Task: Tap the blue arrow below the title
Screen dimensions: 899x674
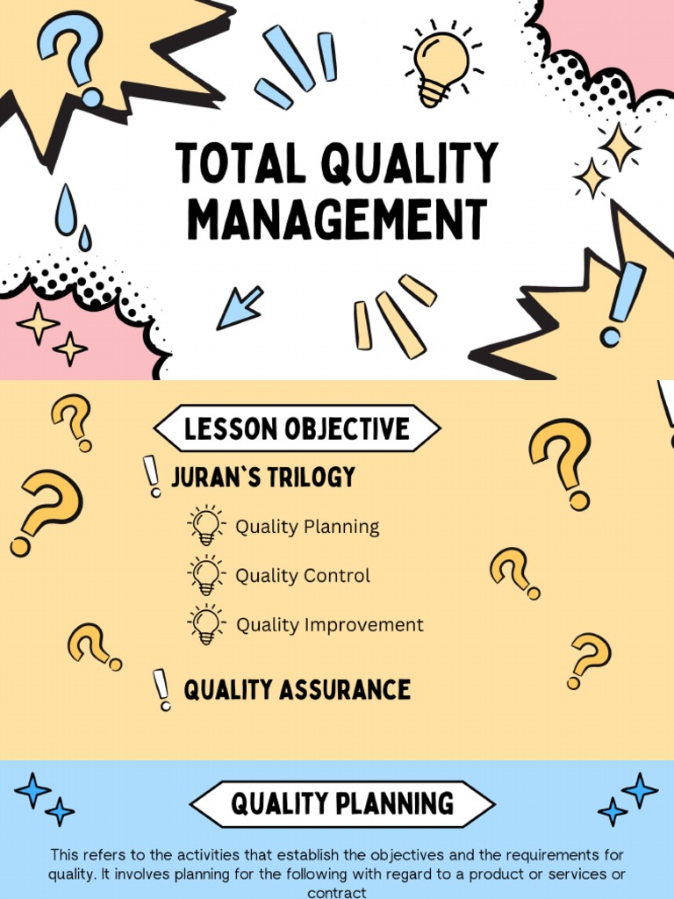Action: [239, 308]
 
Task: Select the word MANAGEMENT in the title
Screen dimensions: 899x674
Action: [336, 219]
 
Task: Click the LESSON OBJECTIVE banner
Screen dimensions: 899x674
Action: [297, 429]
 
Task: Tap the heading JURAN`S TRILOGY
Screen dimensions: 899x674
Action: [263, 477]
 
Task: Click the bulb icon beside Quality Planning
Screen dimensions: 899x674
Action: [205, 526]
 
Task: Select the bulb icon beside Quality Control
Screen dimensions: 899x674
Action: [205, 575]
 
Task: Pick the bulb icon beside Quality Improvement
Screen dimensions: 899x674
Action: [205, 624]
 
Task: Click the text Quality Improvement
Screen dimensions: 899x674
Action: [330, 625]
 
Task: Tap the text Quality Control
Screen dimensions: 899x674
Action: [303, 576]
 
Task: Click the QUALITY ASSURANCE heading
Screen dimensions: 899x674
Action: [297, 690]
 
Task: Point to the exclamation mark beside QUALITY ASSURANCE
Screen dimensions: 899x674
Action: [161, 689]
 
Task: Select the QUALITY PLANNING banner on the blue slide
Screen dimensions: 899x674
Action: [342, 803]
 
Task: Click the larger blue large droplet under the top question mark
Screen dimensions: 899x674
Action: [65, 211]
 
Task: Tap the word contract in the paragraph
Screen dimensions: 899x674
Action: [336, 892]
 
